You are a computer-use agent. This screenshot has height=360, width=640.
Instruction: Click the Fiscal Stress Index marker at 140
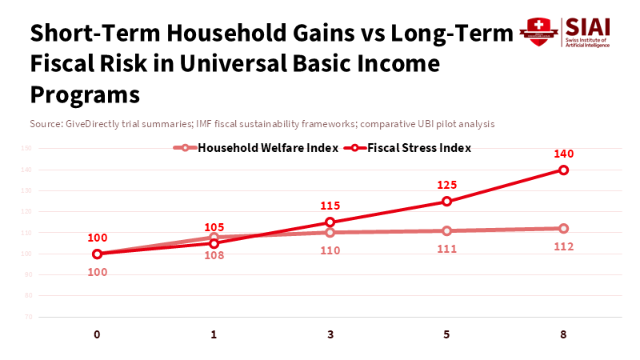[563, 170]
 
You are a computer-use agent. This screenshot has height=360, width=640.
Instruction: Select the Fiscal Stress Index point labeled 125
[446, 201]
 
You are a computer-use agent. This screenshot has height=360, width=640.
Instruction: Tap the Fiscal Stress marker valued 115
[330, 222]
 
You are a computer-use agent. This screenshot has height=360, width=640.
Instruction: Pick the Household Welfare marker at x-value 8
[563, 228]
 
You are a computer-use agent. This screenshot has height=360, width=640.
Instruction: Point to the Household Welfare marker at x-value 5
[446, 230]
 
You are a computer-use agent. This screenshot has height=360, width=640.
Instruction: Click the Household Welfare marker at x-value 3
[330, 233]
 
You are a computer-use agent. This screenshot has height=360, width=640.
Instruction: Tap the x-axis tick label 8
[563, 334]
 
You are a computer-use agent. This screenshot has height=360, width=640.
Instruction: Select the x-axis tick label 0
[97, 334]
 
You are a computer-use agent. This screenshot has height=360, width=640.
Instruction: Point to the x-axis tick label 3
[330, 334]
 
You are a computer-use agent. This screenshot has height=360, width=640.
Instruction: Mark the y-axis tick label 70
[28, 317]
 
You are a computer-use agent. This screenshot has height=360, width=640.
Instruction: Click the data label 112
[563, 246]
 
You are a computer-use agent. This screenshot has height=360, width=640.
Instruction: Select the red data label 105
[214, 227]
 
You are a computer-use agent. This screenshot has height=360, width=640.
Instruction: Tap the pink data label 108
[214, 255]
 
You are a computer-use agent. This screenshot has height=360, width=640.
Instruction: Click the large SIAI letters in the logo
[587, 26]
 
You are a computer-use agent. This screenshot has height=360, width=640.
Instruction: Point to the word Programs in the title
[85, 94]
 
